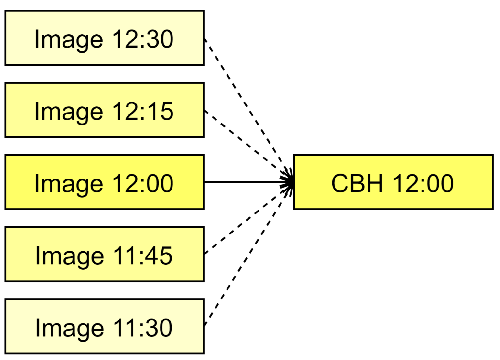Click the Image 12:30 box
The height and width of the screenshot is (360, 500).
pyautogui.click(x=105, y=38)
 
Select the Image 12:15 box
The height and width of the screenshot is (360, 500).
pyautogui.click(x=105, y=110)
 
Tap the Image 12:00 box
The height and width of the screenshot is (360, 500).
pyautogui.click(x=105, y=182)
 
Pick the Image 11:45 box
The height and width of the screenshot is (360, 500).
pyautogui.click(x=105, y=254)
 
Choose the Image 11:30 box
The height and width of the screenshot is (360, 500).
pyautogui.click(x=105, y=326)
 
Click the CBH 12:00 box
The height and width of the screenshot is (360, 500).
pyautogui.click(x=393, y=182)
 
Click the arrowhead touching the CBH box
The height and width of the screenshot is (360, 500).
pyautogui.click(x=288, y=182)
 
